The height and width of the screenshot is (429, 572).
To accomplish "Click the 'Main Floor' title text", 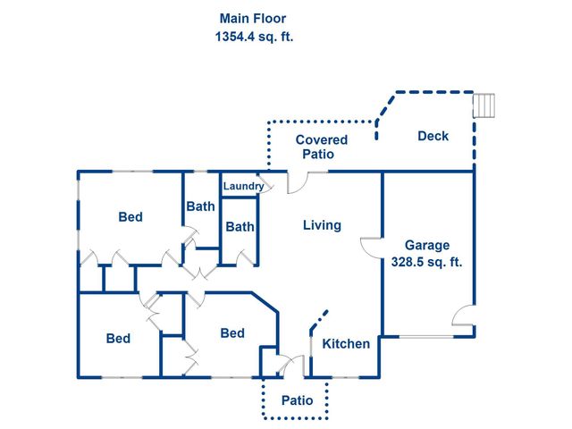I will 253,18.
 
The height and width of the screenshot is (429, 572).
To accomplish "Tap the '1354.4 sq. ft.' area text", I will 253,38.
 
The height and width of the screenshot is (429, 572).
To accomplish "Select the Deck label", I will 433,136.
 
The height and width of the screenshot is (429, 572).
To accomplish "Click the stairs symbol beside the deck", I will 483,105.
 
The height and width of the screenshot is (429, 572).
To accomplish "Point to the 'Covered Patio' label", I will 321,147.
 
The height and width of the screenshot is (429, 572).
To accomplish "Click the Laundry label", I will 243,186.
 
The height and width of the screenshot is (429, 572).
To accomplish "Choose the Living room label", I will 322,225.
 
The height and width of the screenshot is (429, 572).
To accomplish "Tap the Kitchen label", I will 346,344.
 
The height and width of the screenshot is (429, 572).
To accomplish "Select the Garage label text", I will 427,245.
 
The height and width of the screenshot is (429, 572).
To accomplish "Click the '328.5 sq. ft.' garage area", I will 427,263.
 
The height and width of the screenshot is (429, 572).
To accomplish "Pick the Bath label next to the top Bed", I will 200,206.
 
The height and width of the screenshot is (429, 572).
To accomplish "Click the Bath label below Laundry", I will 240,227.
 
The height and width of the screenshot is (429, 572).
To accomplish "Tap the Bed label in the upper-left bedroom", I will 130,217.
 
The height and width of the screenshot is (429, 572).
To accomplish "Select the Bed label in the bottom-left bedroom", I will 118,339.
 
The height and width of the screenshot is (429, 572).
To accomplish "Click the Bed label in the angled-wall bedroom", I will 232,333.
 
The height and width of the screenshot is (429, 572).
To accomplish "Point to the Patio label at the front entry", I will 297,400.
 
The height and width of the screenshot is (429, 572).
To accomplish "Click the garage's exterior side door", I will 463,315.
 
